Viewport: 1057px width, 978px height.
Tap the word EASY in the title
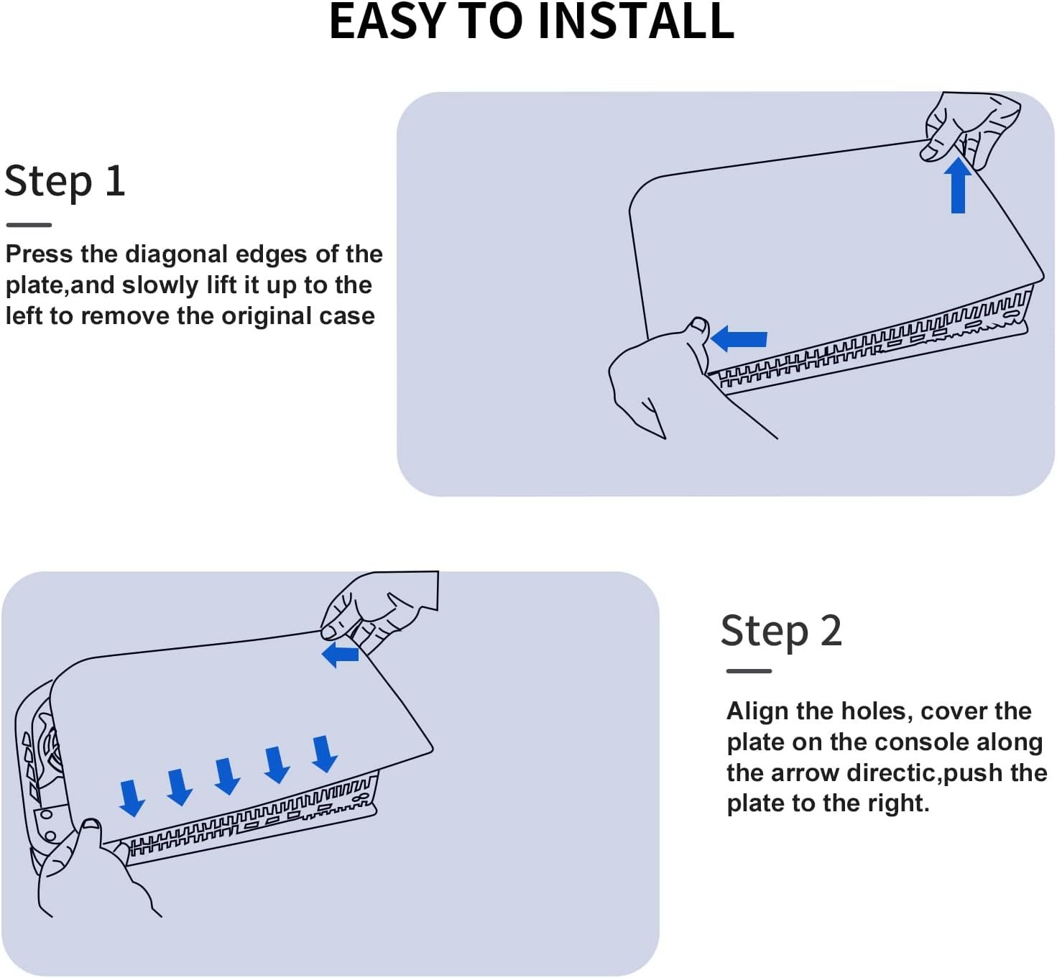pos(387,22)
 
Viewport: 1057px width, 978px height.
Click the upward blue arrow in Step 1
pos(958,185)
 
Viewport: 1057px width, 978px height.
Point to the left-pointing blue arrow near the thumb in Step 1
pos(739,338)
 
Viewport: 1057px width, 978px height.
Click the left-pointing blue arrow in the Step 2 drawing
pos(341,655)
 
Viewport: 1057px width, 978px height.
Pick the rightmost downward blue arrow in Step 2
pos(324,754)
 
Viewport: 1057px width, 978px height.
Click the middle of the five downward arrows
pos(227,776)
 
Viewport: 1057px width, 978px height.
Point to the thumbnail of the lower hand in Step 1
pos(698,324)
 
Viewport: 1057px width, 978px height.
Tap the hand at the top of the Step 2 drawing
pos(379,612)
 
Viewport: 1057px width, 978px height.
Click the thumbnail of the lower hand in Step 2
pos(91,824)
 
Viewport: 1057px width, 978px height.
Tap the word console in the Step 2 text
pos(925,743)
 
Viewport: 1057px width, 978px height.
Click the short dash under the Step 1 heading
pos(29,225)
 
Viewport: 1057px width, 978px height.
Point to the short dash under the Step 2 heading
pos(749,671)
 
